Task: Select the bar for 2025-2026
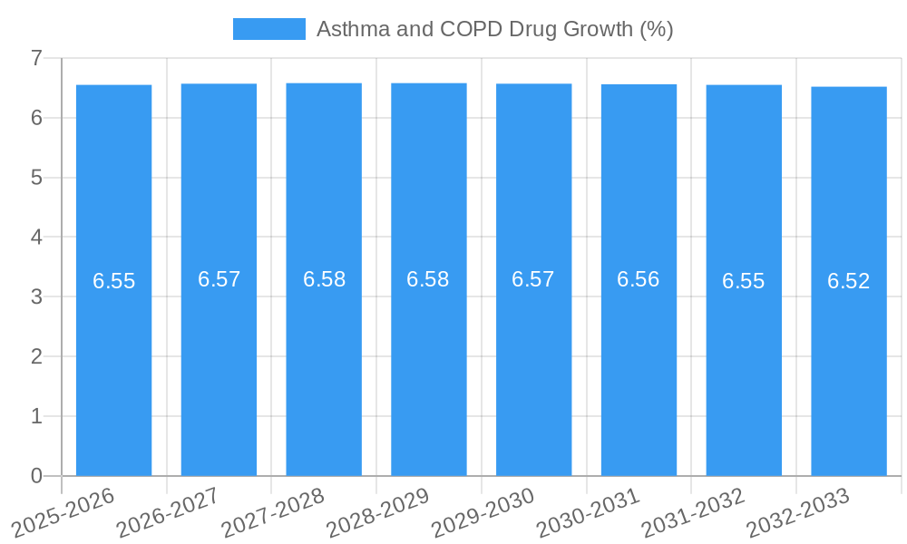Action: [113, 363]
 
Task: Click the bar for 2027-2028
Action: [324, 363]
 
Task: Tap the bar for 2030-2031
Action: [639, 363]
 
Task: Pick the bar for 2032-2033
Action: [849, 363]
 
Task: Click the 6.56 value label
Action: [639, 279]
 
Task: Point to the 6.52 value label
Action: [849, 281]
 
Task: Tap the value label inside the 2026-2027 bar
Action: [219, 279]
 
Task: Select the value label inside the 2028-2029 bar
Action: [428, 279]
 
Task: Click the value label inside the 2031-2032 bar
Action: [744, 281]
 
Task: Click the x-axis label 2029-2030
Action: [483, 512]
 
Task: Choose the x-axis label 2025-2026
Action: [63, 512]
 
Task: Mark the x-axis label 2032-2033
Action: [798, 512]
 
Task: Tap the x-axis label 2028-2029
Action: [378, 512]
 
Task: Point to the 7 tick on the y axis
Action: [36, 58]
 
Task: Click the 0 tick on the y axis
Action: [36, 476]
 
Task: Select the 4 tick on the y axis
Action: [36, 238]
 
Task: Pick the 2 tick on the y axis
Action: [36, 356]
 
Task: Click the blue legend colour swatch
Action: [268, 29]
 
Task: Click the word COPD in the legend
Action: [472, 29]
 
